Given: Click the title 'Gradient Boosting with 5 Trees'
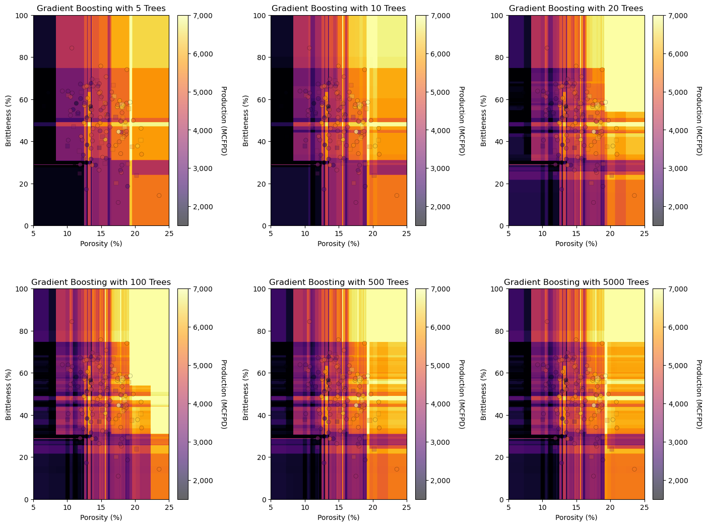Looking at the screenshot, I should coord(101,8).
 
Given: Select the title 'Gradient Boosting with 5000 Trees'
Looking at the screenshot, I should coord(576,282).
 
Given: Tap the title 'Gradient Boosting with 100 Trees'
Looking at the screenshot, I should coord(101,282).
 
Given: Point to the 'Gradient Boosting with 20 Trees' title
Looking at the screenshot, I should coord(576,8).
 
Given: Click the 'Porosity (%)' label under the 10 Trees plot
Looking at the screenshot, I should coord(339,244).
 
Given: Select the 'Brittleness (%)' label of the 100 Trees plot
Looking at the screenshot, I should coord(9,394).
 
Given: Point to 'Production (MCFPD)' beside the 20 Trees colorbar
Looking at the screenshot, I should coord(699,121).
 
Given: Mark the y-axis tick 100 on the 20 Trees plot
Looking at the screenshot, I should coord(499,16).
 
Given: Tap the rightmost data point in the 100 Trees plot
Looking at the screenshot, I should coord(159,469).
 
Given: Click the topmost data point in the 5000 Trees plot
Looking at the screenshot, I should coord(547,321).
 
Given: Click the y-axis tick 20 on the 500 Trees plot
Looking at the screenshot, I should coord(263,457).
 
